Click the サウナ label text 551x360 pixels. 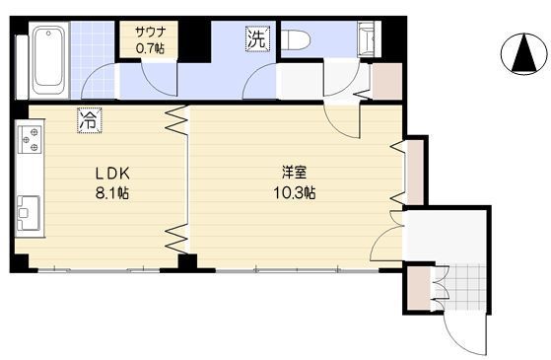[x=150, y=31]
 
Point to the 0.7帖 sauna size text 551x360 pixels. [x=150, y=45]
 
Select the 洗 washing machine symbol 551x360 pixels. [x=255, y=40]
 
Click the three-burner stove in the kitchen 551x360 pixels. [x=29, y=139]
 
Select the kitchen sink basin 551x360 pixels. [x=28, y=209]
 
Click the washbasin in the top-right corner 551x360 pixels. [x=367, y=41]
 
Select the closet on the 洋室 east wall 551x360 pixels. [x=414, y=172]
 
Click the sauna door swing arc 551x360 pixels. [x=158, y=79]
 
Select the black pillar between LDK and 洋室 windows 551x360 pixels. [x=186, y=262]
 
